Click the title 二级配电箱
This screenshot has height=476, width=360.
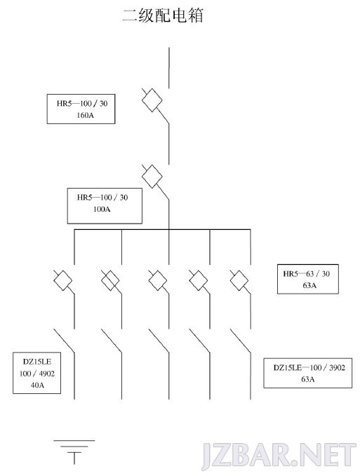[x=163, y=15]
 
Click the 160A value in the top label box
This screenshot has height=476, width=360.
[x=85, y=115]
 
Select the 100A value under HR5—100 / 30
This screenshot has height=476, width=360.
[x=102, y=209]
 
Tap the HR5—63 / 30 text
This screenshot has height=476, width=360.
[x=306, y=274]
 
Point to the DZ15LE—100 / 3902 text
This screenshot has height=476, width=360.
[x=309, y=367]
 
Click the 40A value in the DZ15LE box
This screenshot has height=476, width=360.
[x=37, y=385]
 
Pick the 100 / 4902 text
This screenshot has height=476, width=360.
[x=37, y=374]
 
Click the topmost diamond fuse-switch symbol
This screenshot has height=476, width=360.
[x=152, y=100]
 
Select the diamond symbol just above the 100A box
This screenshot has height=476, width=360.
[x=152, y=177]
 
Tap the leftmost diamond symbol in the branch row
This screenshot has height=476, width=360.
[x=63, y=280]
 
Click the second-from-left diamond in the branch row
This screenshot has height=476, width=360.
[x=110, y=280]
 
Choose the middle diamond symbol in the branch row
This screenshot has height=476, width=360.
[x=158, y=280]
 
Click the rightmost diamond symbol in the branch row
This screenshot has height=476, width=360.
[x=239, y=280]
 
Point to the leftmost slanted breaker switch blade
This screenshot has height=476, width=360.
[x=64, y=341]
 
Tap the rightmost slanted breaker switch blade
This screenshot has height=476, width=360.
[x=240, y=341]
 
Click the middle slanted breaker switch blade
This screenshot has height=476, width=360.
[x=159, y=341]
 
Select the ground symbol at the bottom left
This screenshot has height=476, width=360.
[x=74, y=452]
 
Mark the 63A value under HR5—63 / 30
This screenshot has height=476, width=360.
[x=309, y=285]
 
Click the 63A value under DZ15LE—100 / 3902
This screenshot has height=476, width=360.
[x=308, y=379]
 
